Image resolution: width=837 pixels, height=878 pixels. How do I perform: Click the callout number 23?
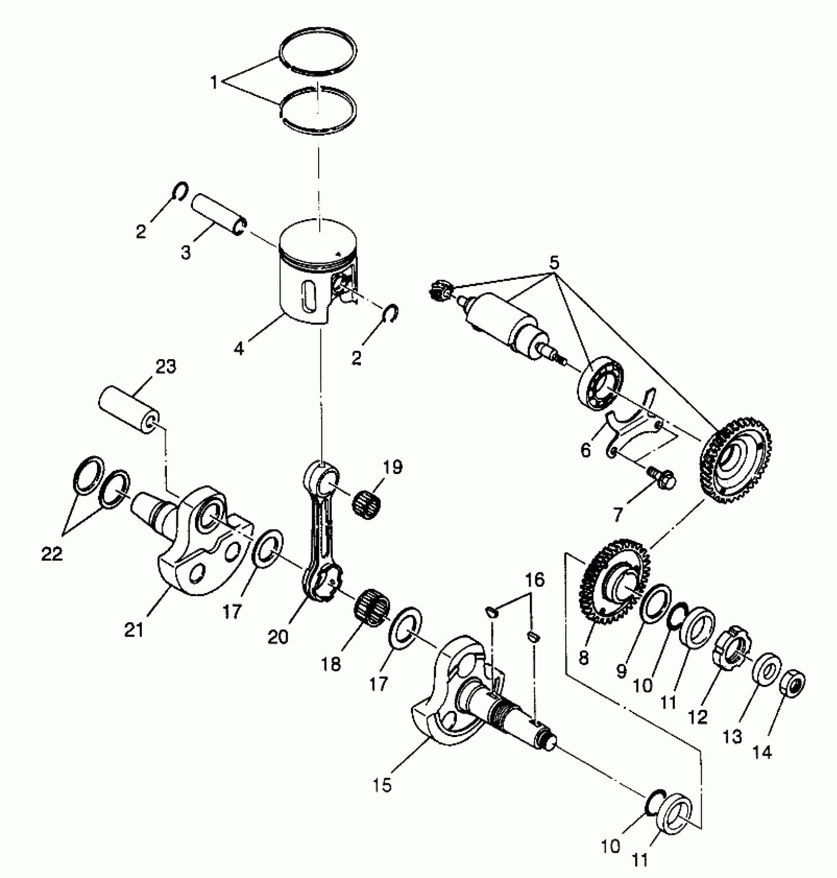point(165,367)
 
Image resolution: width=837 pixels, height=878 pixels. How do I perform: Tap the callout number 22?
point(52,554)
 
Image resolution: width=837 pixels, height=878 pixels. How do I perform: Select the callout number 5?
point(554,263)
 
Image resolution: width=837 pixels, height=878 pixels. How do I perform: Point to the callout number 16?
point(534,580)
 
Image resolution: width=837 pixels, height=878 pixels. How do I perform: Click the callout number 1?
point(214,82)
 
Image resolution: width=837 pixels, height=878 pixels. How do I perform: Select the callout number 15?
point(383,785)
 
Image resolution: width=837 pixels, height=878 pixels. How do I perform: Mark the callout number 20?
point(278,637)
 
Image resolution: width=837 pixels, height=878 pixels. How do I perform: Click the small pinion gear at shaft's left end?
point(438,290)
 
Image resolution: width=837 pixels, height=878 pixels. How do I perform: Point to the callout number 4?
point(238,349)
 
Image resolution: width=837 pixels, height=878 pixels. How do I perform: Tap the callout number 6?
point(585,449)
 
